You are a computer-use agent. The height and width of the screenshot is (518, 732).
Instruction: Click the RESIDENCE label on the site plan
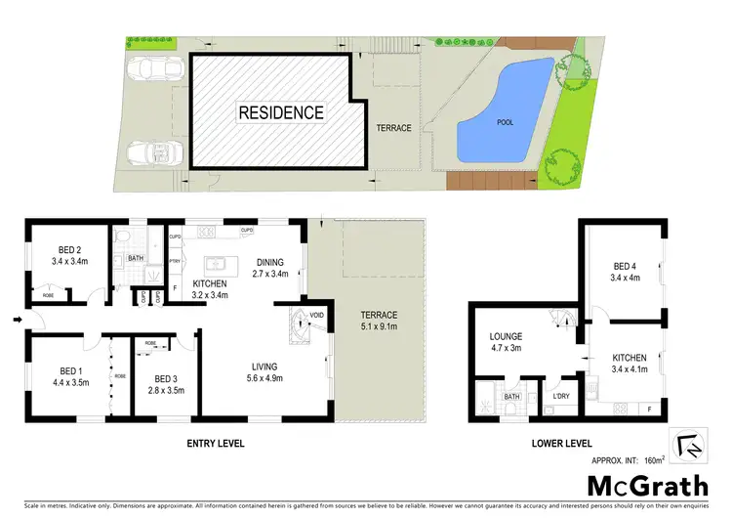281,112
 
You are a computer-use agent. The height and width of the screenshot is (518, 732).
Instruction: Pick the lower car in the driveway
151,154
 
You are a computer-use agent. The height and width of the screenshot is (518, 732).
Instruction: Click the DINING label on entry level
270,262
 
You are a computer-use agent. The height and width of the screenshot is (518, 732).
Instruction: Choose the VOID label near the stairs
317,314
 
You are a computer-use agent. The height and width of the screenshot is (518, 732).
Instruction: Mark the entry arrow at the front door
18,319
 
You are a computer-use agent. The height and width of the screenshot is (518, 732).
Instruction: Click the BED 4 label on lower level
626,266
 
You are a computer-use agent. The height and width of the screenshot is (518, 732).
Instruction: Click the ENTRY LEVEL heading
216,444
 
